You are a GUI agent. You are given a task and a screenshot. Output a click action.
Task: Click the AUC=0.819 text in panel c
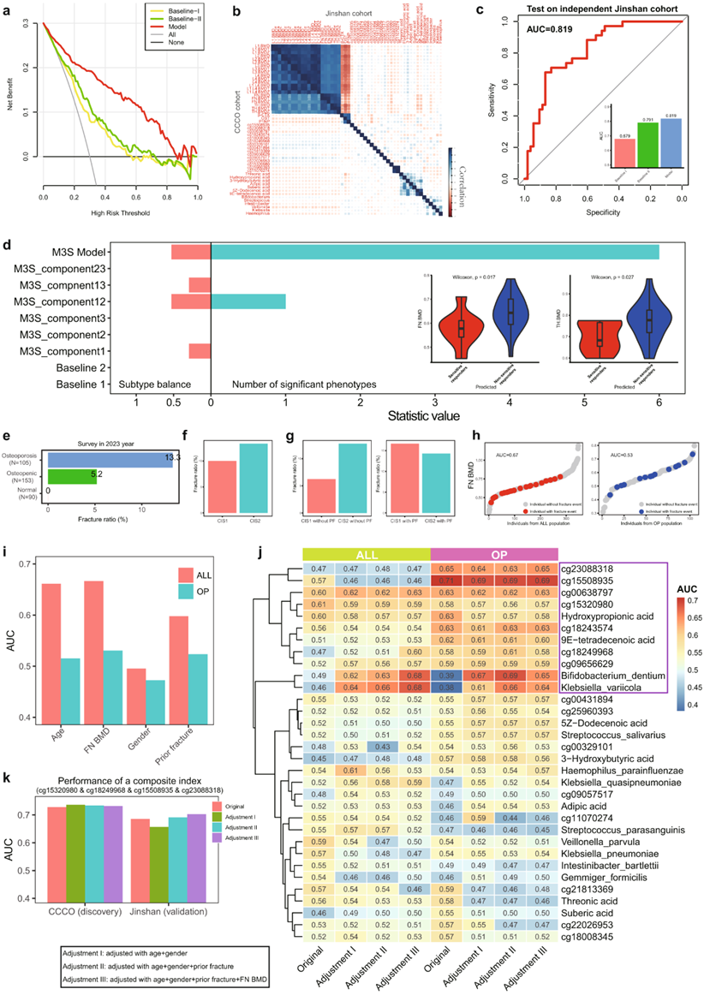[554, 39]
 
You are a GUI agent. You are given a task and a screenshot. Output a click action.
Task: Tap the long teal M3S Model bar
[435, 252]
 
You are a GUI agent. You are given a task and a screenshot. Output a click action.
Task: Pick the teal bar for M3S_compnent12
[248, 301]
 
